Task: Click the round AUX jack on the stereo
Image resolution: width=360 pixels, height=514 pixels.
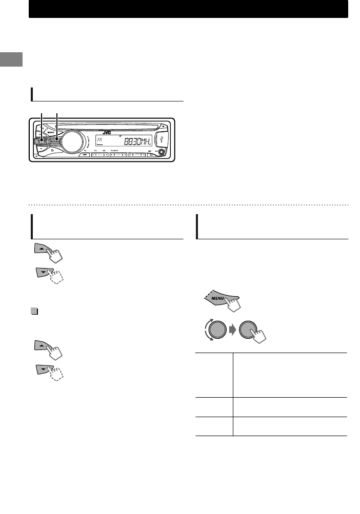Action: pos(163,152)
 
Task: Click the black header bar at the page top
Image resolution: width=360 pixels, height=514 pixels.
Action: pos(188,10)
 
